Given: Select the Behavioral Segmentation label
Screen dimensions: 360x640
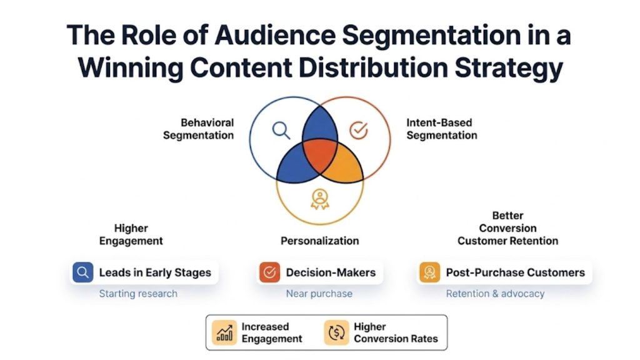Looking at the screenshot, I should (x=199, y=129).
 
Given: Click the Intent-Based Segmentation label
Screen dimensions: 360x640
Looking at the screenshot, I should (x=441, y=129).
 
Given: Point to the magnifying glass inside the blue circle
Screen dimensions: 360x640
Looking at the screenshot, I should (x=281, y=129).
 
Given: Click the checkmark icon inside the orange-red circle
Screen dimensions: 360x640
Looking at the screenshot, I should (x=358, y=130).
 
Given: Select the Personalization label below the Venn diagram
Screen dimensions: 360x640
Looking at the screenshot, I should (x=319, y=241).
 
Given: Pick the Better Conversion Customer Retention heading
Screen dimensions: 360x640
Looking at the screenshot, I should (x=507, y=228).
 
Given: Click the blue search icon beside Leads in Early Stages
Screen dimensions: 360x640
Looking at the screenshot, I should (x=82, y=272).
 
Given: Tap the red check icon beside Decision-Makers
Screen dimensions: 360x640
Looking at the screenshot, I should (x=269, y=272).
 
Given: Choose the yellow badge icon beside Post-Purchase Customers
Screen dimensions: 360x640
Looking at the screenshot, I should (x=429, y=272).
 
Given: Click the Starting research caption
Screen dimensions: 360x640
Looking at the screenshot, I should (x=138, y=294).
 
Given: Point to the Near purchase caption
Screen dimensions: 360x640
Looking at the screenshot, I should (x=319, y=294).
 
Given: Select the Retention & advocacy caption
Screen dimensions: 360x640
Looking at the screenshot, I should (x=495, y=294).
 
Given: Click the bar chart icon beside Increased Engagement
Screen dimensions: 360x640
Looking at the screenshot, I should (x=224, y=332).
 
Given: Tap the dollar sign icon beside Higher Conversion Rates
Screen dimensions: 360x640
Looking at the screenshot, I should (x=336, y=332).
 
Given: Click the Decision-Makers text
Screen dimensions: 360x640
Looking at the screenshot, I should (x=331, y=272).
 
